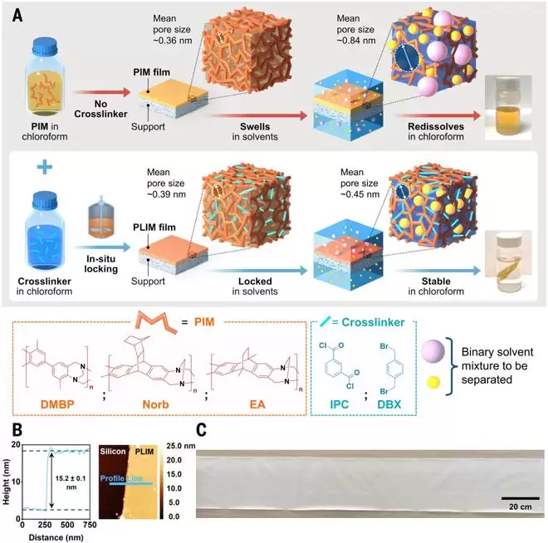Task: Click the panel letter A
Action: click(17, 16)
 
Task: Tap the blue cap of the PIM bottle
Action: click(45, 46)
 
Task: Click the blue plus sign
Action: click(45, 167)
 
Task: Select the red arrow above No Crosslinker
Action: click(101, 92)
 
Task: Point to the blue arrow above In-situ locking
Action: click(102, 247)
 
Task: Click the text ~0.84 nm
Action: click(356, 41)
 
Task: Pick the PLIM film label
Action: click(154, 227)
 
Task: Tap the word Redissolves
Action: click(436, 126)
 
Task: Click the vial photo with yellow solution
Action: click(508, 108)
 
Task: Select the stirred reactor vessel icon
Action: click(100, 217)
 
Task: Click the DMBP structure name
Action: click(57, 404)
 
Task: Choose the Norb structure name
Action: click(155, 404)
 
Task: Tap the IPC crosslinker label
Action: click(340, 404)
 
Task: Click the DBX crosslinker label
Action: click(389, 404)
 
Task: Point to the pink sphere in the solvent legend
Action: click(433, 351)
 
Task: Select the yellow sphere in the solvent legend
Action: click(433, 383)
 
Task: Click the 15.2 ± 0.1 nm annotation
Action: click(71, 482)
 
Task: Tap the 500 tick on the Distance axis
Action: click(67, 525)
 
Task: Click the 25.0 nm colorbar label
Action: click(181, 446)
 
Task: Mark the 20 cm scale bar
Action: click(521, 498)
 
